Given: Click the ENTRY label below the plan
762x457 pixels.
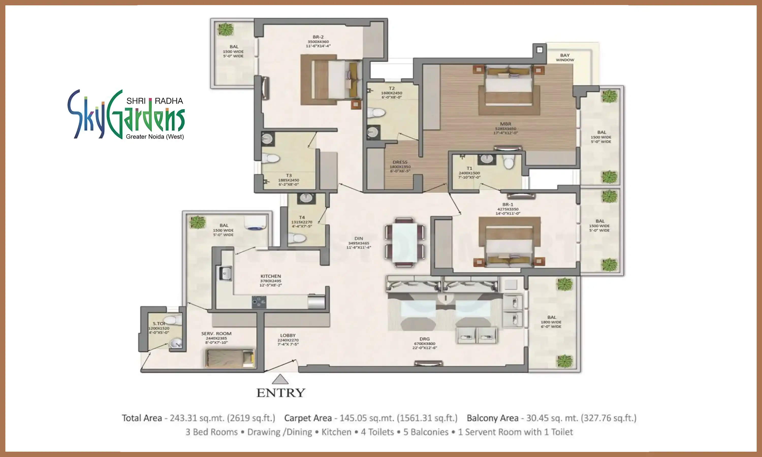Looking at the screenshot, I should [281, 393].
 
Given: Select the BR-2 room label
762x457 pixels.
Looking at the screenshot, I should [318, 37].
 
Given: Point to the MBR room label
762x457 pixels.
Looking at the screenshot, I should [505, 124].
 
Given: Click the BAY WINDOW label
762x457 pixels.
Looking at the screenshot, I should [565, 58].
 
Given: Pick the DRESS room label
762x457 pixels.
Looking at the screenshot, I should [400, 162].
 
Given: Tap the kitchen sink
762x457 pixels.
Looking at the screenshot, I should [225, 273].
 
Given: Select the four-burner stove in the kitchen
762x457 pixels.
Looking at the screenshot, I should [259, 302].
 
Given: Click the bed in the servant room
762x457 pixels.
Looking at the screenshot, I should [230, 358].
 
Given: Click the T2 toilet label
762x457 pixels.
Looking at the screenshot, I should [391, 88].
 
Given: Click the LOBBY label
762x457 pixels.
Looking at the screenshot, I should [288, 335].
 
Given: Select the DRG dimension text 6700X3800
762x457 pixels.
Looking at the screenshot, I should [424, 343].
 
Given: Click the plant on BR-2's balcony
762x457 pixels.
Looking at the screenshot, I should [225, 29].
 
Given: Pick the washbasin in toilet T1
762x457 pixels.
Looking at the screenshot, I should [487, 159].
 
